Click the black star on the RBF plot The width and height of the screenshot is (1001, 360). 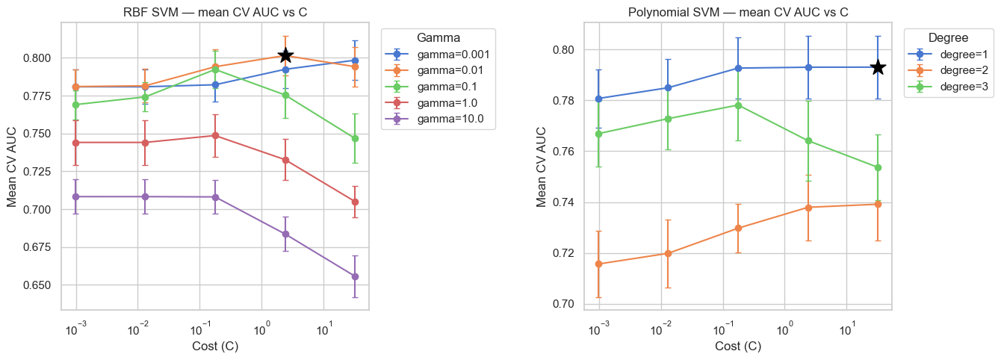(x=285, y=55)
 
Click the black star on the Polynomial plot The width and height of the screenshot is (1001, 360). (x=878, y=67)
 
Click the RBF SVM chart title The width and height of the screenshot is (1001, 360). (x=214, y=12)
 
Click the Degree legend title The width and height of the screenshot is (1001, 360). (x=947, y=37)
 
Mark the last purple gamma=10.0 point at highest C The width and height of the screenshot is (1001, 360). (x=355, y=276)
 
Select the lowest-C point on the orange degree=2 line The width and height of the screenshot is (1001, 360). (x=598, y=264)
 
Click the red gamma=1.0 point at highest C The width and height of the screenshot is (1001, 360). (x=355, y=202)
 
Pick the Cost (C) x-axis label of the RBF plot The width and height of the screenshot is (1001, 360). (x=214, y=347)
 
